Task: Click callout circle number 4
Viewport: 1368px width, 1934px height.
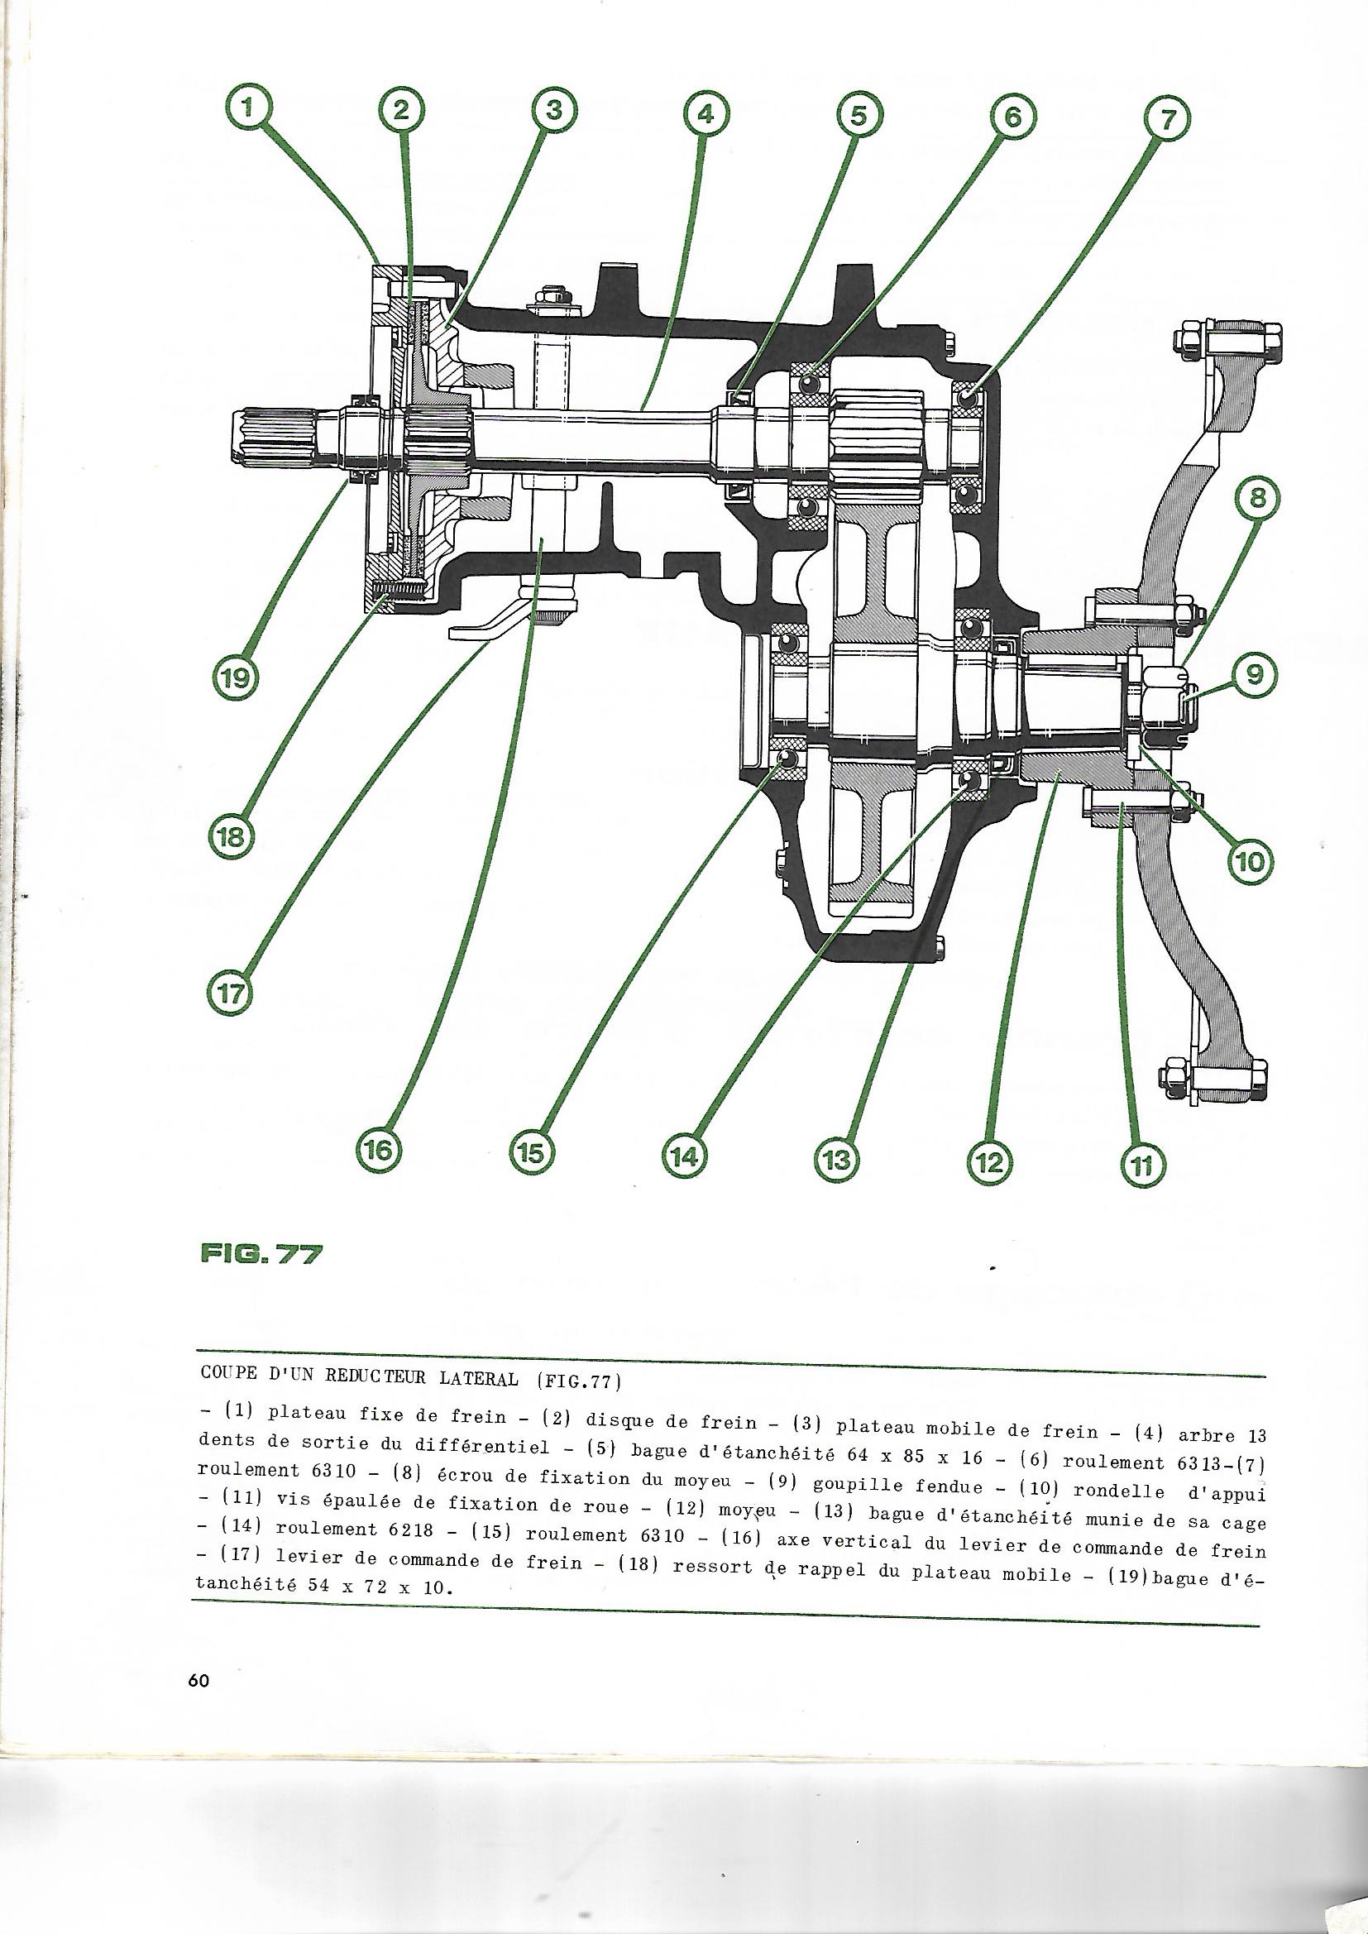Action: (706, 113)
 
